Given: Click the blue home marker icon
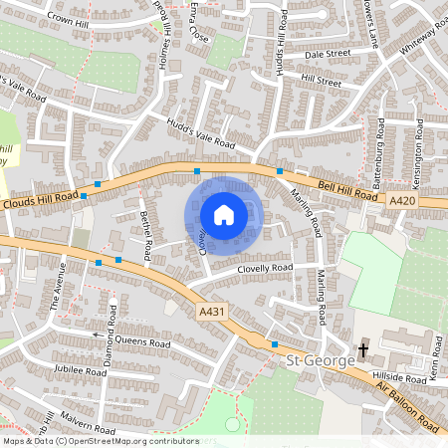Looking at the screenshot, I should [x=224, y=214].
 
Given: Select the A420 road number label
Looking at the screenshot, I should [x=403, y=201].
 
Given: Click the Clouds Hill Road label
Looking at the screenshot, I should [x=40, y=203].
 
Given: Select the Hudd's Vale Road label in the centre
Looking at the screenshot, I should [x=200, y=133].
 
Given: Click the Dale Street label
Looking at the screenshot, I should [x=329, y=54].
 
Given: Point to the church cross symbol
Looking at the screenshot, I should [x=363, y=349].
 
